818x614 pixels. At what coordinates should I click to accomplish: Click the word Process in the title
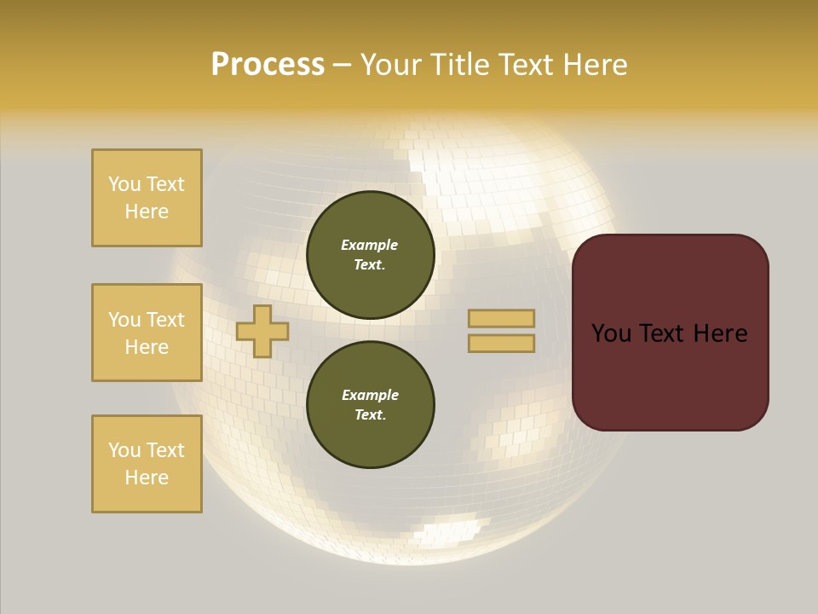pyautogui.click(x=268, y=65)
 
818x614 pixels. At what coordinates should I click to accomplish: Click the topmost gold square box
pyautogui.click(x=147, y=198)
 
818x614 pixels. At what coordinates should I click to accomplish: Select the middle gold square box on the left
pyautogui.click(x=147, y=333)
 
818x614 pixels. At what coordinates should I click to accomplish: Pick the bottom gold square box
pyautogui.click(x=147, y=464)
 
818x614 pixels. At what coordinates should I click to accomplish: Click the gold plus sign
pyautogui.click(x=262, y=332)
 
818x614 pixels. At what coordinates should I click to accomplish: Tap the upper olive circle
pyautogui.click(x=371, y=255)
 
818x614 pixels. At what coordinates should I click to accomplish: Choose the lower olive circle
pyautogui.click(x=371, y=405)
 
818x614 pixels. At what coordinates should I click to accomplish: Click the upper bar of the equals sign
pyautogui.click(x=502, y=319)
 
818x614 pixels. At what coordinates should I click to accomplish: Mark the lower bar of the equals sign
pyautogui.click(x=502, y=344)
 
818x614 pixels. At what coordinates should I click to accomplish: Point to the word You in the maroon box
pyautogui.click(x=612, y=333)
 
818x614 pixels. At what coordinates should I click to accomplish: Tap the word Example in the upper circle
pyautogui.click(x=370, y=245)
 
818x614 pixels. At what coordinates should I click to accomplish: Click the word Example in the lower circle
pyautogui.click(x=370, y=395)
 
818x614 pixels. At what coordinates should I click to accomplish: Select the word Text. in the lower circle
pyautogui.click(x=370, y=415)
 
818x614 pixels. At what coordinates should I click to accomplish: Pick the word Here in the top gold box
pyautogui.click(x=147, y=211)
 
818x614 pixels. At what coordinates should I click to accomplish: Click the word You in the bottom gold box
pyautogui.click(x=124, y=450)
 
